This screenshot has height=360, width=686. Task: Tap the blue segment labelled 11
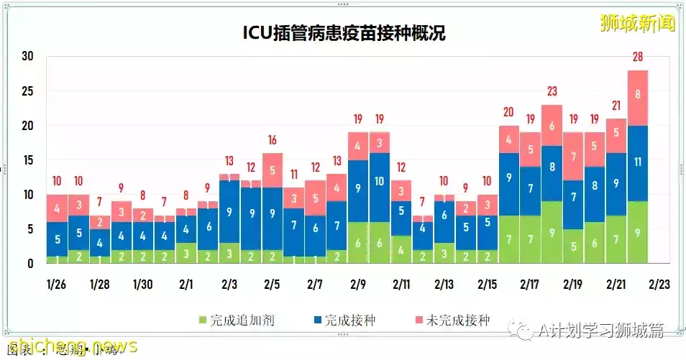point(637,162)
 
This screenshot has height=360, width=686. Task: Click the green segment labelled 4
point(401,249)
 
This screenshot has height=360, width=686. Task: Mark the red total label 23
point(552,91)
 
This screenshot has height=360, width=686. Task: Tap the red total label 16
point(273,139)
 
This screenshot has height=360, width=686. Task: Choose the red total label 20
point(508,112)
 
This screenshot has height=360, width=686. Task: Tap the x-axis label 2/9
point(358,285)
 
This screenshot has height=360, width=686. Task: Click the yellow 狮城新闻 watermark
point(638,23)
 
